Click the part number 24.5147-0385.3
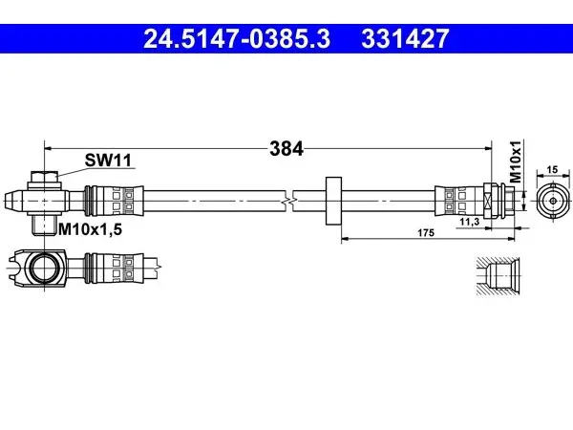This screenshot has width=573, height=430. click(237, 39)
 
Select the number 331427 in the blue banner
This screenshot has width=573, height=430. click(405, 39)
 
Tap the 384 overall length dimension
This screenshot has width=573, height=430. click(286, 149)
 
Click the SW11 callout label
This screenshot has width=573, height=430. click(108, 161)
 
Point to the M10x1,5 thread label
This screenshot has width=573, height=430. click(90, 229)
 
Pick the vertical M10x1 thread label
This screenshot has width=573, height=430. click(516, 161)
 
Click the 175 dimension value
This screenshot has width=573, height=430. click(426, 232)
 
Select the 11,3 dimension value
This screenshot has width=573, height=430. click(469, 222)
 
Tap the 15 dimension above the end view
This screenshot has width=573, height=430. click(553, 169)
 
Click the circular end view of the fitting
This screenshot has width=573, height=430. click(553, 201)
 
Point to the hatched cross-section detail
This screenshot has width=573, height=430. click(498, 276)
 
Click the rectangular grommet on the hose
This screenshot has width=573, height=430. click(333, 201)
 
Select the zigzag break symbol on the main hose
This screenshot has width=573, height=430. click(288, 201)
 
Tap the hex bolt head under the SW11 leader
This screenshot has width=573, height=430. click(44, 178)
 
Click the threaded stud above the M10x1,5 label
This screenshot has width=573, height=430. click(44, 225)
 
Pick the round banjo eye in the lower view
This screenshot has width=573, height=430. click(44, 268)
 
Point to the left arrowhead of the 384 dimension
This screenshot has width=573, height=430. click(48, 148)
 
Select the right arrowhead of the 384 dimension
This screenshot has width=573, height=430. click(488, 148)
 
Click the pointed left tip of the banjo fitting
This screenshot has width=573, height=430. click(6, 201)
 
